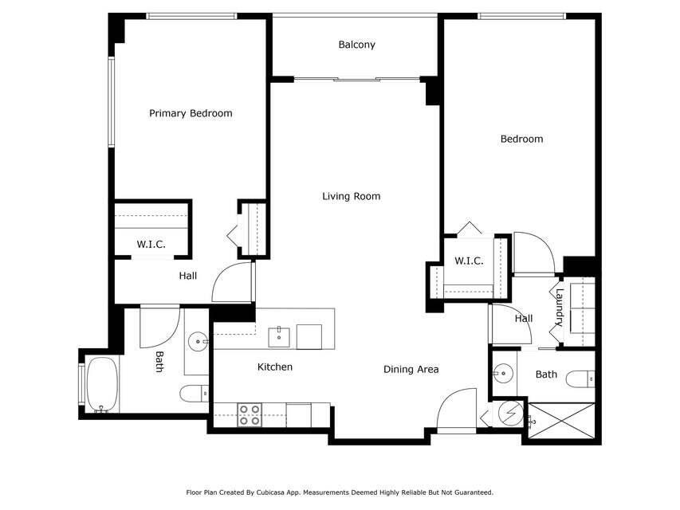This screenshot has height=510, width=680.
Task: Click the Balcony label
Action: (x=356, y=45)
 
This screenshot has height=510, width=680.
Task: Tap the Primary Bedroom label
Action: (x=191, y=113)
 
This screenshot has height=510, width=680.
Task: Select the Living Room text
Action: (x=351, y=196)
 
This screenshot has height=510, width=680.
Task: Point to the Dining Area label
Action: (x=411, y=369)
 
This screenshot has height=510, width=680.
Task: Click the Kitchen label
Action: (x=274, y=367)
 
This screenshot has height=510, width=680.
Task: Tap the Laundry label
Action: (x=560, y=308)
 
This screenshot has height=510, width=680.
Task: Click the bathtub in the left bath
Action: (x=101, y=384)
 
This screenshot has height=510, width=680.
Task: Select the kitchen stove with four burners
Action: (x=250, y=414)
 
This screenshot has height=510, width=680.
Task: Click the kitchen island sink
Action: (x=278, y=336)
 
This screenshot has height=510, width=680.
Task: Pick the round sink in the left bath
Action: (x=197, y=343)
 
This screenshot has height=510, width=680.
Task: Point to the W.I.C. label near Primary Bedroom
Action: (x=151, y=245)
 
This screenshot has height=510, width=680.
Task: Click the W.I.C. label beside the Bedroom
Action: (x=469, y=261)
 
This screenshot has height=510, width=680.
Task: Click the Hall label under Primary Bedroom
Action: (x=187, y=276)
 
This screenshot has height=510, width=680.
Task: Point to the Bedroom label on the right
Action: (x=521, y=139)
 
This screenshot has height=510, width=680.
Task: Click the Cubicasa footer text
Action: (x=340, y=492)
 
